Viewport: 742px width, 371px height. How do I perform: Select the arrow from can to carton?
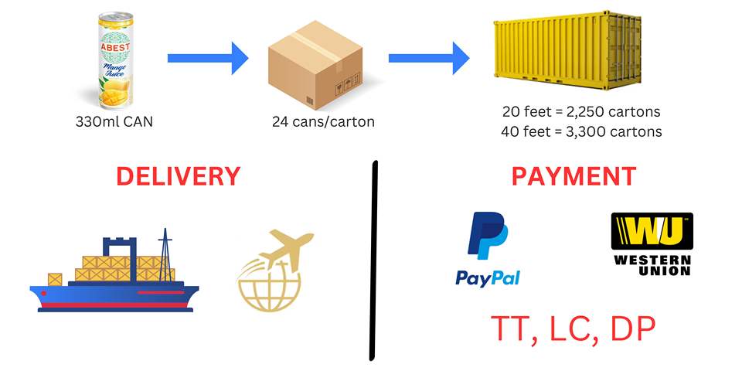tap(207, 57)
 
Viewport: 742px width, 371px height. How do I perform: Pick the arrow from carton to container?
tap(428, 57)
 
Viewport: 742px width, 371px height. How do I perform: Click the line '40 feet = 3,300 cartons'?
tap(580, 131)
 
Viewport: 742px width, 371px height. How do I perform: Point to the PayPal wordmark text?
tap(488, 277)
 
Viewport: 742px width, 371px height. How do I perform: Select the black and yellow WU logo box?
tap(652, 231)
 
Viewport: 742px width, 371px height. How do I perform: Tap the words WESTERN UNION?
tap(652, 265)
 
